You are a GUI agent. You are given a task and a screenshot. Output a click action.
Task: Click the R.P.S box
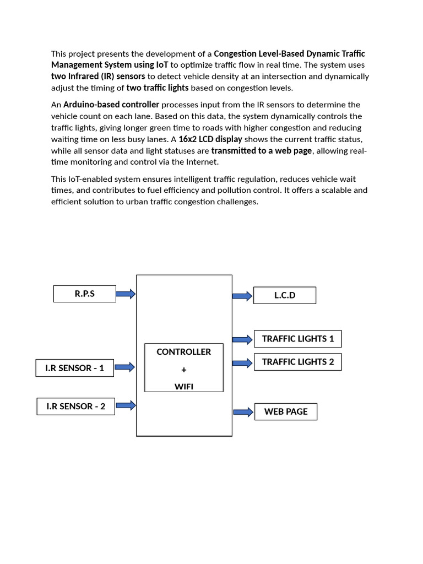pyautogui.click(x=85, y=294)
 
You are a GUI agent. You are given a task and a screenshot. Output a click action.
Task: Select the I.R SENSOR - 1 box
pyautogui.click(x=75, y=368)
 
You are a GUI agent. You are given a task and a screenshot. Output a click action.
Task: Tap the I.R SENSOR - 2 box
pyautogui.click(x=75, y=406)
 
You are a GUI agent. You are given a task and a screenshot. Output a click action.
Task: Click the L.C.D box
pyautogui.click(x=285, y=295)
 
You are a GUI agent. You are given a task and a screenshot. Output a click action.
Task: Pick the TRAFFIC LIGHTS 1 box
pyautogui.click(x=297, y=339)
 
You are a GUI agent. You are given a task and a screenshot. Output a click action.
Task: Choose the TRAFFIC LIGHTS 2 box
pyautogui.click(x=297, y=362)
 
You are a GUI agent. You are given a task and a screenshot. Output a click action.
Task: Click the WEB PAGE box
pyautogui.click(x=285, y=411)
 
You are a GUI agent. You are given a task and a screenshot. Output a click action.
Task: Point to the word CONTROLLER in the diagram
pyautogui.click(x=183, y=352)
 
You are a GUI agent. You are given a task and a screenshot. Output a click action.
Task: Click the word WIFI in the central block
pyautogui.click(x=183, y=387)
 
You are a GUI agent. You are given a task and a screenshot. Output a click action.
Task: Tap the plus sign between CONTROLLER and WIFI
pyautogui.click(x=183, y=370)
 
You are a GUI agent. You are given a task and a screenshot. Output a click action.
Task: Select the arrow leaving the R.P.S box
pyautogui.click(x=126, y=294)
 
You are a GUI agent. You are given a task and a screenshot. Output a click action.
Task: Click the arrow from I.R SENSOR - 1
pyautogui.click(x=125, y=367)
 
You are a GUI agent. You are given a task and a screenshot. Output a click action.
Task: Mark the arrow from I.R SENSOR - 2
pyautogui.click(x=126, y=405)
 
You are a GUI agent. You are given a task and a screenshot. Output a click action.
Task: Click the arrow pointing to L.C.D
pyautogui.click(x=242, y=296)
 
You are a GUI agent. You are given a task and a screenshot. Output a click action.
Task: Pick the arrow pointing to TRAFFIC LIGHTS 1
pyautogui.click(x=242, y=339)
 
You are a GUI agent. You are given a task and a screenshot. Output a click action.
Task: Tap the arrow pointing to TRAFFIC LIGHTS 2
pyautogui.click(x=242, y=362)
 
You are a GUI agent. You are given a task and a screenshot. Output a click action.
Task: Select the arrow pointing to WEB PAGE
pyautogui.click(x=243, y=412)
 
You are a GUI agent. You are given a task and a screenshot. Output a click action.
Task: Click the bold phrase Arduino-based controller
pyautogui.click(x=111, y=105)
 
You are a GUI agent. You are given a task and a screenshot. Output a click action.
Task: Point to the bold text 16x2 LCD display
pyautogui.click(x=210, y=139)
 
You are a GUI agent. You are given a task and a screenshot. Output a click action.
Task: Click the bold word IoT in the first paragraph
pyautogui.click(x=161, y=64)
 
